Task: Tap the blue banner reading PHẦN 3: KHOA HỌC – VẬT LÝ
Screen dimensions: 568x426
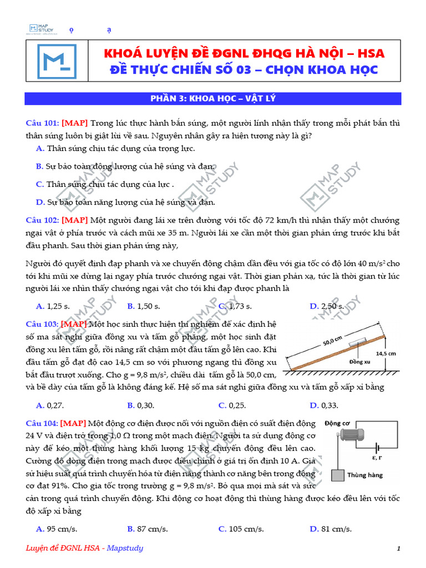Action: (x=213, y=99)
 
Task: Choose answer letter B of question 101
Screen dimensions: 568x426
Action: (x=39, y=166)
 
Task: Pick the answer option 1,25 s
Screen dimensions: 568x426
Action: (x=54, y=306)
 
